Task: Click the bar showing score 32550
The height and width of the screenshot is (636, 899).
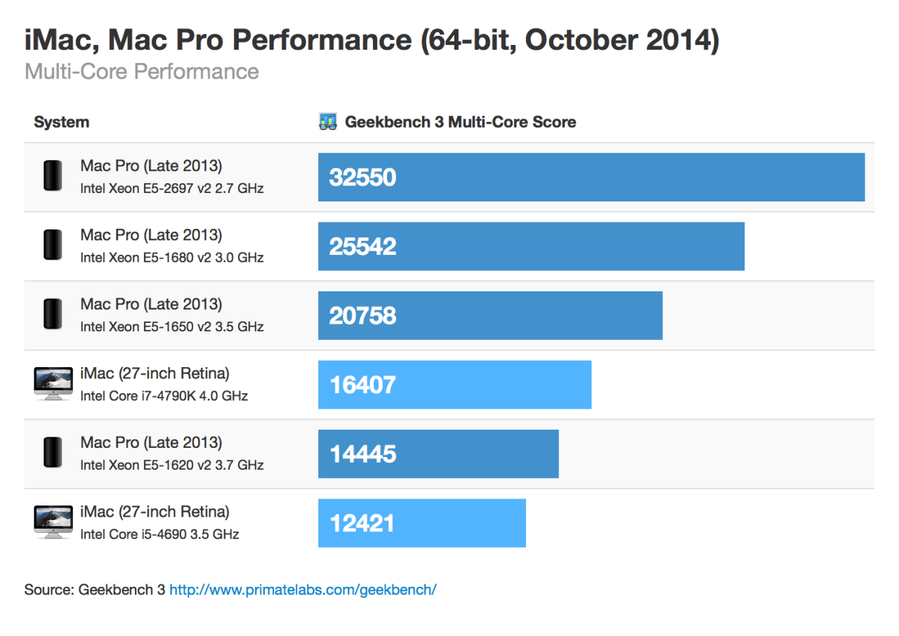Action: coord(591,177)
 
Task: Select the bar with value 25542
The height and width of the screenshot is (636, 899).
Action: coord(531,246)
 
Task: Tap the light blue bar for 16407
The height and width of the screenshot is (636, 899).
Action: coord(454,385)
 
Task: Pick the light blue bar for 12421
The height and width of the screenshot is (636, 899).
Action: coord(421,523)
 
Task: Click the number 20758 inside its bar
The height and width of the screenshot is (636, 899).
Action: coord(362,316)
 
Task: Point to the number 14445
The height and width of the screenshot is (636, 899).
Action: coord(362,454)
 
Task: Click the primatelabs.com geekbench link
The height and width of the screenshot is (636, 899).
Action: coord(303,589)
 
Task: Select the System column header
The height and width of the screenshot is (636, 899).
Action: coord(62,122)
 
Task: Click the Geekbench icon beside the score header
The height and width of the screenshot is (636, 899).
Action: coord(327,122)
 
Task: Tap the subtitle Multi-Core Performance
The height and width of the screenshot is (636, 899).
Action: coord(141,72)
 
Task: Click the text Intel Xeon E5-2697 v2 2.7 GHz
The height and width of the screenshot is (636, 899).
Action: coord(171,188)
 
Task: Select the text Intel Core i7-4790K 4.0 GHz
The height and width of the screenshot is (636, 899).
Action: coord(164,396)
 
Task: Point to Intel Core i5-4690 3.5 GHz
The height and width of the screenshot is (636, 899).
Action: coord(159,534)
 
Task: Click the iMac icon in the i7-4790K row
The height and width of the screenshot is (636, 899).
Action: coord(53,383)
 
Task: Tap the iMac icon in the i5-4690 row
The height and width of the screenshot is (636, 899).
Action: coord(53,522)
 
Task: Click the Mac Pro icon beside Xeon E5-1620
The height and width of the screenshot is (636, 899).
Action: coord(53,453)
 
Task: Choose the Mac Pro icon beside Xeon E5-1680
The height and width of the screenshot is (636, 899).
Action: coord(53,245)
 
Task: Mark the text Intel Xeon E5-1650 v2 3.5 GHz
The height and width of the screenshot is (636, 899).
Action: coord(171,326)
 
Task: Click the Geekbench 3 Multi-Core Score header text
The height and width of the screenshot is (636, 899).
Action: coord(460,122)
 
